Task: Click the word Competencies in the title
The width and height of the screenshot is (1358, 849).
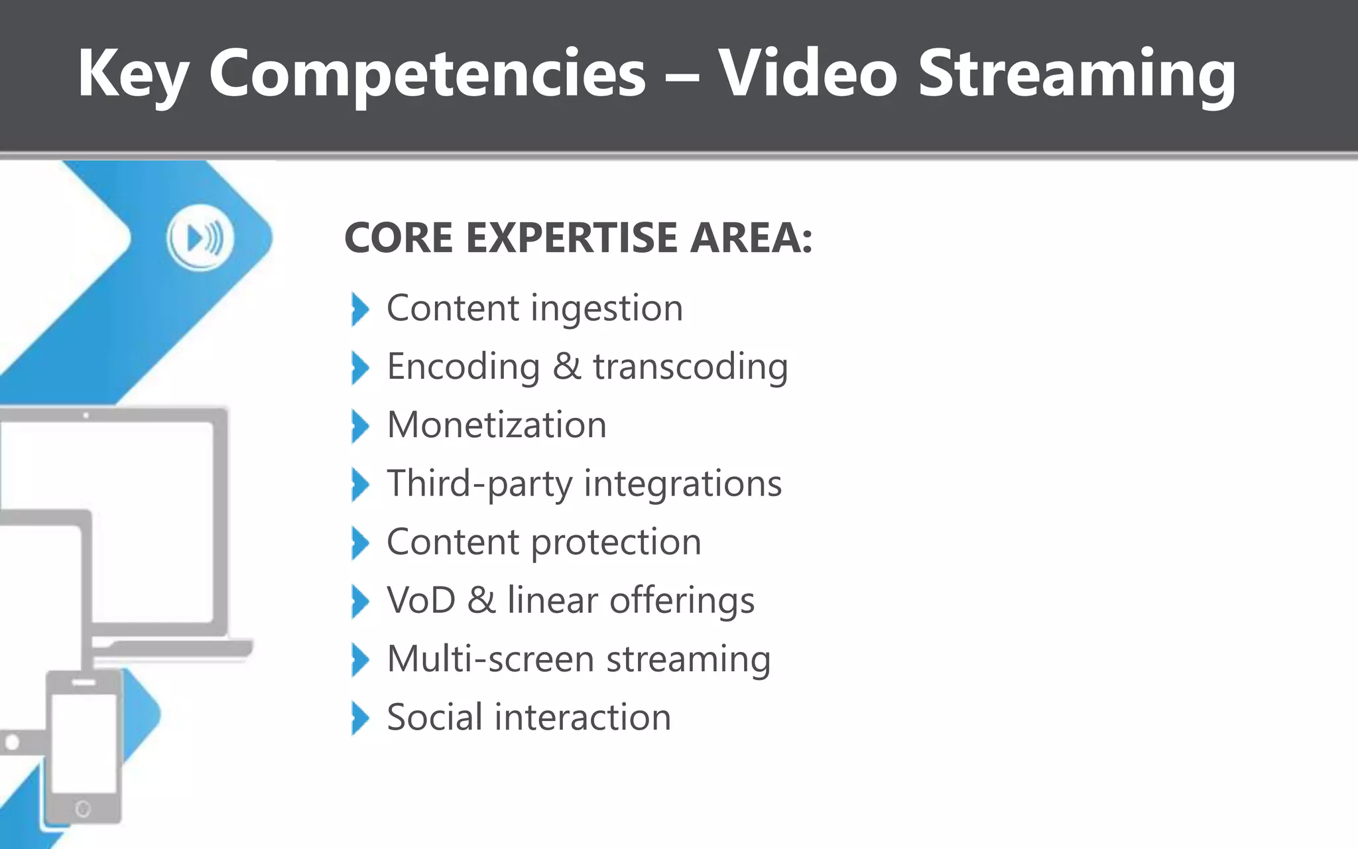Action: pyautogui.click(x=427, y=74)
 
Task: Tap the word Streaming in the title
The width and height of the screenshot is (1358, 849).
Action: pyautogui.click(x=1077, y=74)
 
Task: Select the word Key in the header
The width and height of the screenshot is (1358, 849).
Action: pyautogui.click(x=133, y=74)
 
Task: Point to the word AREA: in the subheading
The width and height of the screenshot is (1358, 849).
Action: pyautogui.click(x=751, y=238)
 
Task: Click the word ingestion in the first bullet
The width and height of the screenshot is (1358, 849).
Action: pyautogui.click(x=607, y=309)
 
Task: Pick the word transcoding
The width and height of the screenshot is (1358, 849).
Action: pyautogui.click(x=690, y=367)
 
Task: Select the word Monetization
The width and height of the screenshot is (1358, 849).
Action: pyautogui.click(x=497, y=425)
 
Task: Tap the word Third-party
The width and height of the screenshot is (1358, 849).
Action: pyautogui.click(x=479, y=484)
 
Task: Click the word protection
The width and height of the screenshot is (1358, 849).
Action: pyautogui.click(x=616, y=543)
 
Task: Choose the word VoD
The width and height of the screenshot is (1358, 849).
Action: pyautogui.click(x=421, y=601)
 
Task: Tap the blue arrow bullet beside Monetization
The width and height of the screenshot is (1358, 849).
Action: pyautogui.click(x=359, y=426)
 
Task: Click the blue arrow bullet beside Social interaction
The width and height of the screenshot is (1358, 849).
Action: pyautogui.click(x=359, y=718)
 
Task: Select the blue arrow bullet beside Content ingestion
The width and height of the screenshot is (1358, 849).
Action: pyautogui.click(x=359, y=309)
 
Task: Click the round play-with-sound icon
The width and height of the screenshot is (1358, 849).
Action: pyautogui.click(x=200, y=238)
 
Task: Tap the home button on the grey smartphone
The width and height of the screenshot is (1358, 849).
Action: pyautogui.click(x=83, y=809)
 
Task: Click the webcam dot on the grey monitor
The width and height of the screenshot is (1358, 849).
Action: pyautogui.click(x=86, y=415)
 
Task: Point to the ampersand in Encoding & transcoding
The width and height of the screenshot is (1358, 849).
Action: pyautogui.click(x=566, y=367)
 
